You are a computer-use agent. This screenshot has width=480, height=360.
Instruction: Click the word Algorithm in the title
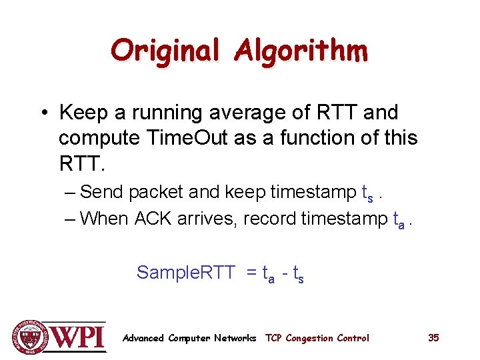(301, 51)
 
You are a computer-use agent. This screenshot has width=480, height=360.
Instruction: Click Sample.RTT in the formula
(185, 272)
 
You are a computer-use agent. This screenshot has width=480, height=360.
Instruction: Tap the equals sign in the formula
(251, 272)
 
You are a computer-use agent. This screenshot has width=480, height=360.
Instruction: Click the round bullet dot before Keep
(41, 113)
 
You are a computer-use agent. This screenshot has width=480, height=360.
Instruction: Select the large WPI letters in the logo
(79, 337)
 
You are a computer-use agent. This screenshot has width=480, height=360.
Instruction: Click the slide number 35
(433, 338)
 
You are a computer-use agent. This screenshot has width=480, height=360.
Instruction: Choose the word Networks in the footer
(235, 338)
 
